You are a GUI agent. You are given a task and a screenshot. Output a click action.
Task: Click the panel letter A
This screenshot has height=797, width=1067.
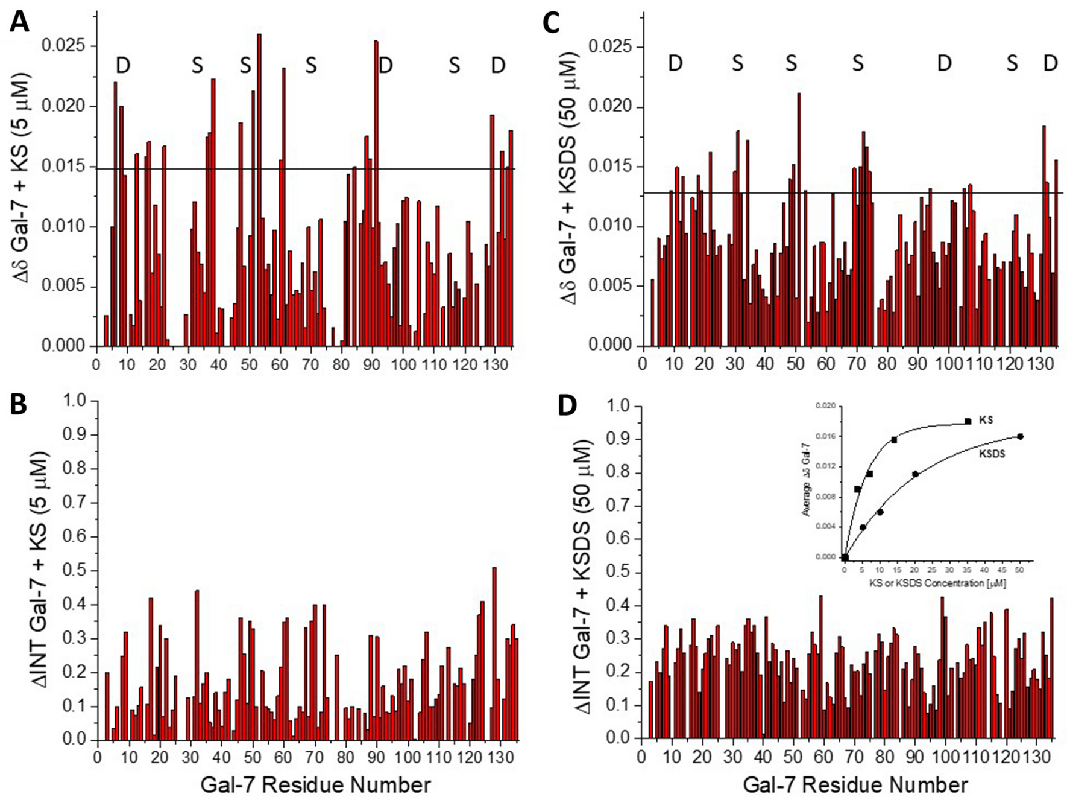[x=19, y=22]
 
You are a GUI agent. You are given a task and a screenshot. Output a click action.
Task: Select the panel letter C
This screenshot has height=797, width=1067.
[x=553, y=23]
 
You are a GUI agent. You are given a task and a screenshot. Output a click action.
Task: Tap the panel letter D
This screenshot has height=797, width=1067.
[x=567, y=406]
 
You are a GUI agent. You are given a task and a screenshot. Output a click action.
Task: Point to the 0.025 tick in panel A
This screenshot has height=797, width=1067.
[x=65, y=46]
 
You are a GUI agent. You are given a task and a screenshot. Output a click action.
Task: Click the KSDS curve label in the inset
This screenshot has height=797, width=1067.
[x=991, y=454]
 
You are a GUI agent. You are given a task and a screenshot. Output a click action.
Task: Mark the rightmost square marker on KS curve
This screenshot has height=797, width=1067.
[x=968, y=421]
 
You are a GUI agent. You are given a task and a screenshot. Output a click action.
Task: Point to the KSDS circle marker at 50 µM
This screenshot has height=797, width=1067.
[x=1020, y=436]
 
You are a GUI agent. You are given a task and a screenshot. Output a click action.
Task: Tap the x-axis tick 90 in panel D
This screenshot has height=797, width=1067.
[x=915, y=757]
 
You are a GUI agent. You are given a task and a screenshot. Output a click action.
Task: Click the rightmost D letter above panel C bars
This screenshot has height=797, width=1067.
[x=1050, y=63]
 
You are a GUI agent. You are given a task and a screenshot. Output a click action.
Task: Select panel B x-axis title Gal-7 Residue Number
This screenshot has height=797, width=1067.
[x=315, y=785]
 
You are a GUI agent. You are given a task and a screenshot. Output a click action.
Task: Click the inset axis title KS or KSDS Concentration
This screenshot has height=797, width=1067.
[x=937, y=584]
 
